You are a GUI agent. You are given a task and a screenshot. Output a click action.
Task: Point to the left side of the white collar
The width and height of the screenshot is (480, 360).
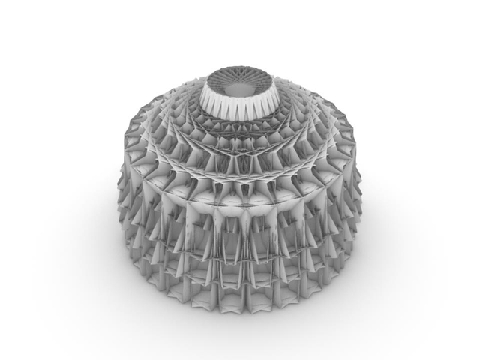click(209, 97)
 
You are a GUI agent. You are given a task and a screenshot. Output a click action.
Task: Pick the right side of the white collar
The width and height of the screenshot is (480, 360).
click(271, 96)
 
